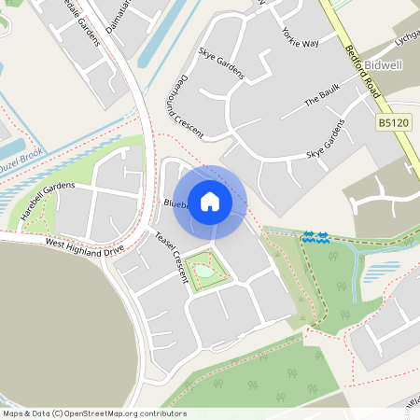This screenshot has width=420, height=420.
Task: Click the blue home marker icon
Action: point(210,201)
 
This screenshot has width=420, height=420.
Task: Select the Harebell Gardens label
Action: point(47,202)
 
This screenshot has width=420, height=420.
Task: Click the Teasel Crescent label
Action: point(171,249)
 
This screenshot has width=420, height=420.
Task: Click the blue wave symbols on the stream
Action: point(315,238)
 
